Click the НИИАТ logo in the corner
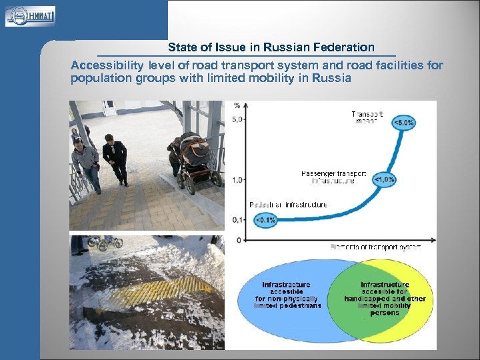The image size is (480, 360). (x=30, y=15)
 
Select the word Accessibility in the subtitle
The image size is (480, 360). (x=107, y=65)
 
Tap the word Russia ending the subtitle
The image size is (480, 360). (x=334, y=78)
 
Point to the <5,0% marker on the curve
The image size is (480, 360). (x=404, y=123)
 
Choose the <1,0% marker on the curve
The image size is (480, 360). (x=384, y=179)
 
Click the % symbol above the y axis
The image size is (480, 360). (x=237, y=105)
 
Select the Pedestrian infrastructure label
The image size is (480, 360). (x=288, y=205)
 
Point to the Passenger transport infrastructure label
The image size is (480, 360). (x=333, y=177)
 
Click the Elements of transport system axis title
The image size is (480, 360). (x=375, y=247)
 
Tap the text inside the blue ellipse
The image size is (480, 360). (x=287, y=295)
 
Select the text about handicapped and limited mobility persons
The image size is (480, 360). (x=385, y=299)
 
